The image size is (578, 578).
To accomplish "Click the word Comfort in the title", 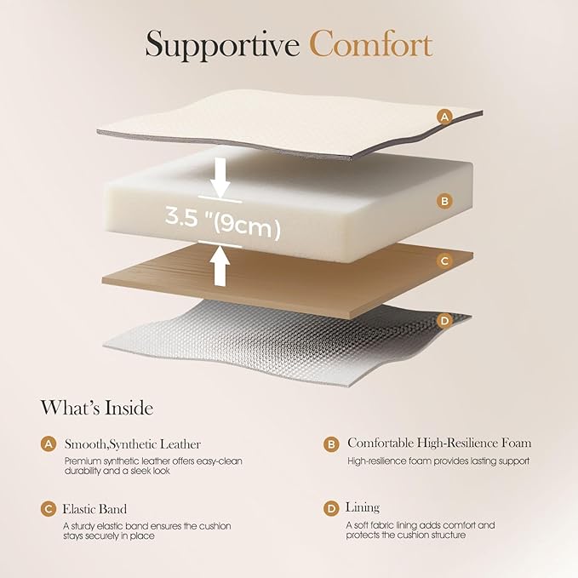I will pyautogui.click(x=370, y=44).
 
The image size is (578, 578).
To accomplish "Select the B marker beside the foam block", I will pyautogui.click(x=444, y=201).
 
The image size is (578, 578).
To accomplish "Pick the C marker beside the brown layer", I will pyautogui.click(x=444, y=261).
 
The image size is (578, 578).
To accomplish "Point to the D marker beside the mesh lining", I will pyautogui.click(x=444, y=321).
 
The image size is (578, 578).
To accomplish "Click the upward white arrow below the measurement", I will pyautogui.click(x=220, y=263).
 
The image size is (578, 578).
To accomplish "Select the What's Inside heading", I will pyautogui.click(x=97, y=409).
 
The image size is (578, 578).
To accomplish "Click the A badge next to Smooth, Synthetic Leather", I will pyautogui.click(x=49, y=444).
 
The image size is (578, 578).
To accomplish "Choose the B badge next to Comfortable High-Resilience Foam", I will pyautogui.click(x=331, y=444).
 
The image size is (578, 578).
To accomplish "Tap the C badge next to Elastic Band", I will pyautogui.click(x=49, y=508).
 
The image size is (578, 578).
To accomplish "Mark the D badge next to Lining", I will pyautogui.click(x=331, y=508).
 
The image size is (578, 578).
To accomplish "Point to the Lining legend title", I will pyautogui.click(x=363, y=507).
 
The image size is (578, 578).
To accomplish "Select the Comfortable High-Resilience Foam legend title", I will pyautogui.click(x=439, y=444).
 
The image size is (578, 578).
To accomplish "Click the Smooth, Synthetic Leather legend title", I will pyautogui.click(x=133, y=444).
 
